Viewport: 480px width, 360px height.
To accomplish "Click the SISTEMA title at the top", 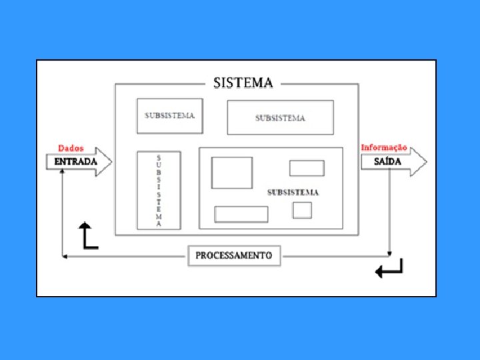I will coord(243,83).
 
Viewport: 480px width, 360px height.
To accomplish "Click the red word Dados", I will coord(71,148).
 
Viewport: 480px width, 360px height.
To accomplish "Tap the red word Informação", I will coord(384,147).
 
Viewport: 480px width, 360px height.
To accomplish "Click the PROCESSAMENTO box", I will coord(234,255).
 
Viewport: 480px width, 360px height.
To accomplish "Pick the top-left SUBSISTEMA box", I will coord(169,116).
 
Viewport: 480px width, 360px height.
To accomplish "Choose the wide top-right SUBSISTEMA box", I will coord(280,118).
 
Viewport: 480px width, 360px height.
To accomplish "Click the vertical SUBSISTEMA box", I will coord(159,190).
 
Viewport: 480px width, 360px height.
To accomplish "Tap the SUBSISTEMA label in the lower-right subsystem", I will coord(293,193).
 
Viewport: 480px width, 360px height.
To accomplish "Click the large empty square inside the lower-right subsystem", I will coord(232,173).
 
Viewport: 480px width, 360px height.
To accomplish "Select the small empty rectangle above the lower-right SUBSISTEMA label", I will coord(307,168).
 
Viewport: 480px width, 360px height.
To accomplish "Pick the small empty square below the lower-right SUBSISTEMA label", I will coord(302,209).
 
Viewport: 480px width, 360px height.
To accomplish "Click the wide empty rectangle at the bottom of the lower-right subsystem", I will coord(241,214).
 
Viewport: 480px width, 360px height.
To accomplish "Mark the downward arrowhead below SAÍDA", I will coord(390,253).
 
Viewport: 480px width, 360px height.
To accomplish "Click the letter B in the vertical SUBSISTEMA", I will coord(159,172).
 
